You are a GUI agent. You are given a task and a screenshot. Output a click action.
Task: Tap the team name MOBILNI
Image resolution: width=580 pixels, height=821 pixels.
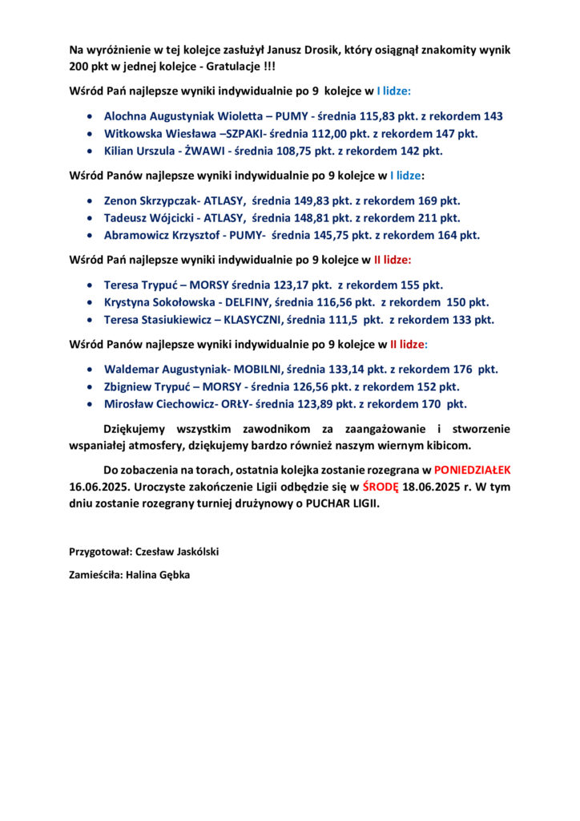[x=258, y=369]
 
